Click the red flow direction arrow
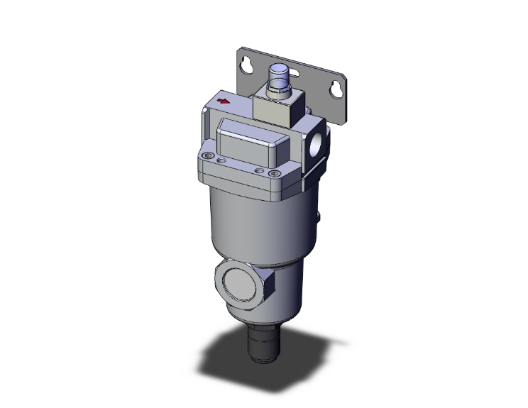[x=225, y=101]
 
